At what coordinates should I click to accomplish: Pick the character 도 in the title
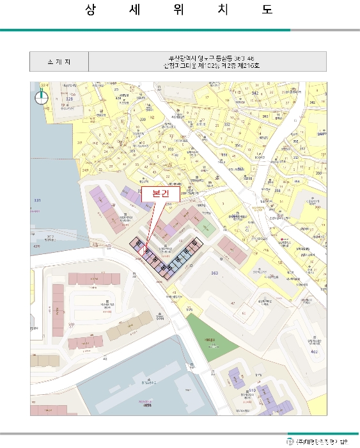267,10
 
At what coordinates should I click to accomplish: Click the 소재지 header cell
59,62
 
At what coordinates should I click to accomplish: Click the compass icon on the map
42,97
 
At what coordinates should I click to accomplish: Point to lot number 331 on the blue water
37,201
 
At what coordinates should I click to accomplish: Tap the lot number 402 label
313,351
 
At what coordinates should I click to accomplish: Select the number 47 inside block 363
233,302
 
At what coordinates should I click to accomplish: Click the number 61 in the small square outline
221,259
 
